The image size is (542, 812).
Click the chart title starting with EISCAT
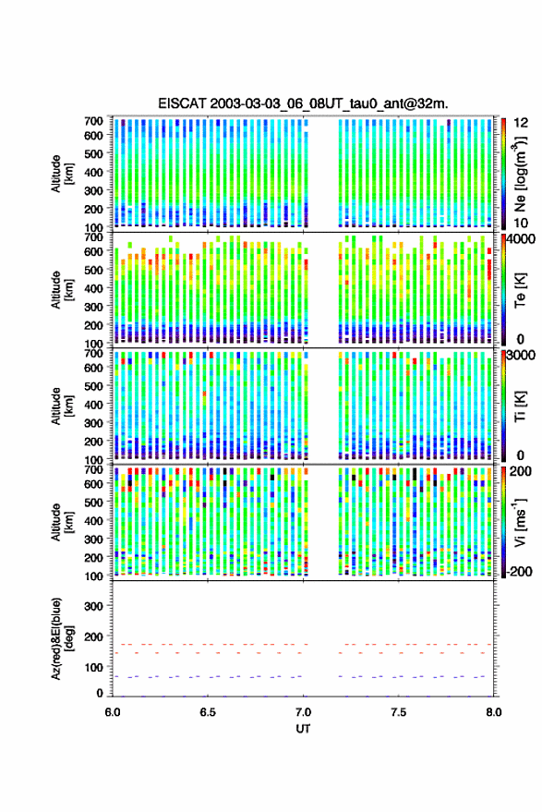[303, 103]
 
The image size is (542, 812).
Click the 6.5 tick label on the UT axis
[208, 712]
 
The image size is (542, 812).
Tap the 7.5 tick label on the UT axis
[398, 712]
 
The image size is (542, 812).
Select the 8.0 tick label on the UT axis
[494, 712]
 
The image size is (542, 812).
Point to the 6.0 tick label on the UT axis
[113, 712]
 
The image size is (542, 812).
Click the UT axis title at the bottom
[303, 729]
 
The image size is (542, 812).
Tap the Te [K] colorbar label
[520, 289]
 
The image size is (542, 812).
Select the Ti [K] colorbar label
[520, 406]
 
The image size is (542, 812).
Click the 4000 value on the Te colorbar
[522, 240]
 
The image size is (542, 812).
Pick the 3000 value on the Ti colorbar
[522, 356]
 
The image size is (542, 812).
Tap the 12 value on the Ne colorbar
[521, 123]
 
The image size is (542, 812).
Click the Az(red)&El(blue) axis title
[63, 639]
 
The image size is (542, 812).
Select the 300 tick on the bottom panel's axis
[93, 606]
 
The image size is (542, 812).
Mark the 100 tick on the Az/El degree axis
[93, 668]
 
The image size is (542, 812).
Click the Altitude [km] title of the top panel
[63, 174]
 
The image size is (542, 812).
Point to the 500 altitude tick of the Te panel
[93, 270]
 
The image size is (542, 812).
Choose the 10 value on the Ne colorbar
[521, 224]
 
